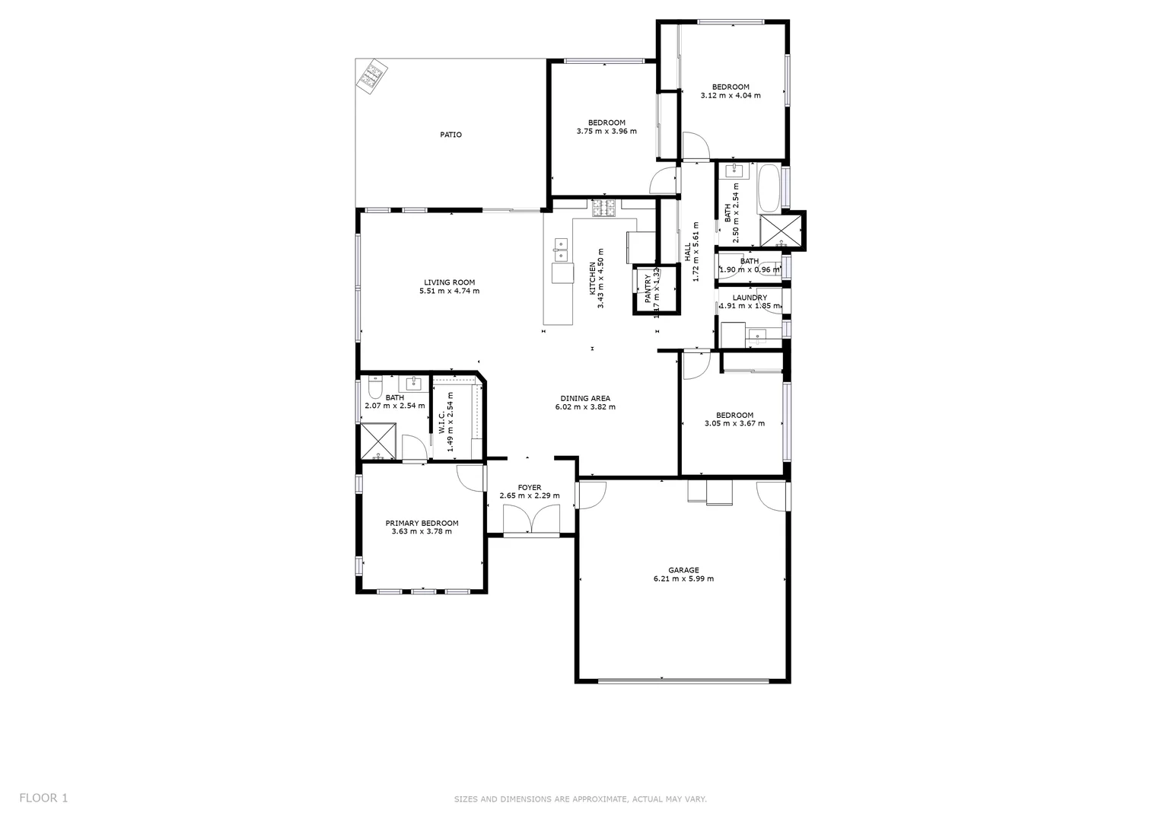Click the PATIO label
[x=450, y=135]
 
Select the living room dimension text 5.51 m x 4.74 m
[x=449, y=291]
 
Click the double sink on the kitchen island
[x=561, y=245]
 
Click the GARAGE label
[x=683, y=570]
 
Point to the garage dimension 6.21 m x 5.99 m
[x=683, y=578]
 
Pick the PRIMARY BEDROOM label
[x=422, y=523]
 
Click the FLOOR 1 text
[x=43, y=798]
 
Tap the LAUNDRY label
[x=750, y=298]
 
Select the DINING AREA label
[x=585, y=398]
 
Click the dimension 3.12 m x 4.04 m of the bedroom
[x=730, y=96]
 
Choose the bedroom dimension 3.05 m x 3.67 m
[x=734, y=423]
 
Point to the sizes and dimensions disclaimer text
[x=580, y=799]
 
